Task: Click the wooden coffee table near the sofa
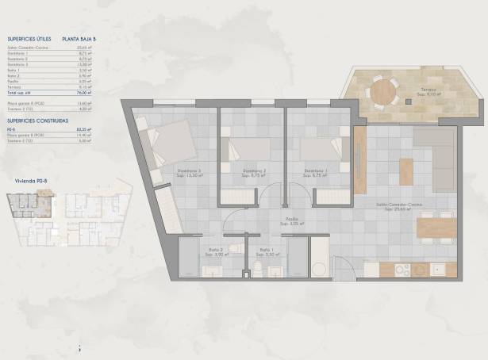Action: point(406,171)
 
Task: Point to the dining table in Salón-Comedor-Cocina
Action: point(436,228)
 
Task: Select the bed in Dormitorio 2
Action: point(247,148)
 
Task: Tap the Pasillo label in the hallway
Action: point(292,220)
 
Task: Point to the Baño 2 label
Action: point(215,250)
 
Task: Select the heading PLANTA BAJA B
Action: point(79,38)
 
